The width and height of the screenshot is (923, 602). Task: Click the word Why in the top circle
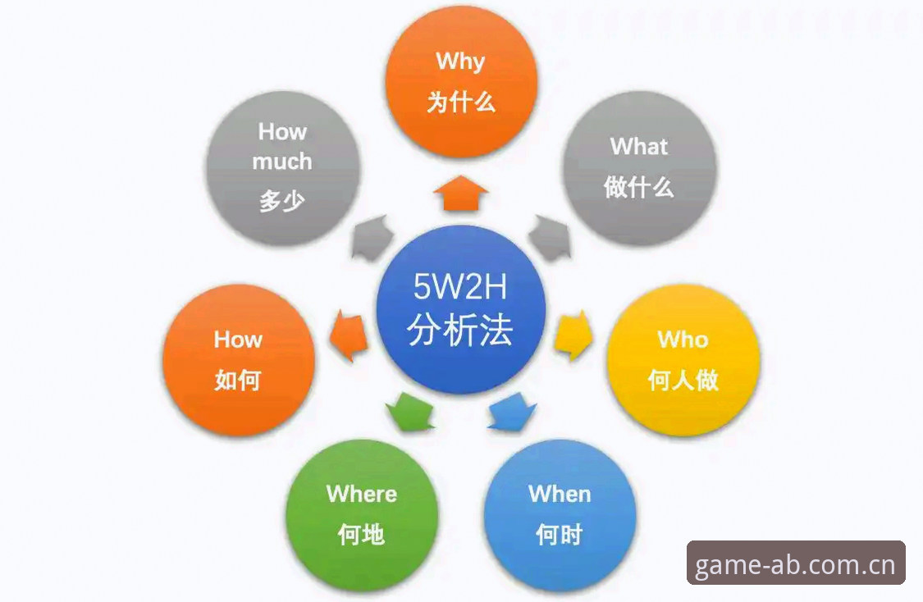[x=460, y=62]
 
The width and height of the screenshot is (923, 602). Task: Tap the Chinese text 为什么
[x=461, y=103]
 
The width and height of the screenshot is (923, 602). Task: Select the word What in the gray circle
[x=638, y=147]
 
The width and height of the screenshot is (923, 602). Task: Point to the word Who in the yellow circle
[x=683, y=340]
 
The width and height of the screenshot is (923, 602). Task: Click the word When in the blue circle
[x=560, y=495]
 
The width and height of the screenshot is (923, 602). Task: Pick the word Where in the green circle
[x=362, y=495]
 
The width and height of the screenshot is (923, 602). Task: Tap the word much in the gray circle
[x=282, y=162]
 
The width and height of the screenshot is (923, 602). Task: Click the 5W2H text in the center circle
[x=459, y=286]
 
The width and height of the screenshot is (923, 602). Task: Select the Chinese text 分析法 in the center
[x=459, y=330]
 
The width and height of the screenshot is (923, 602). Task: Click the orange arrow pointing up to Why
[x=461, y=193]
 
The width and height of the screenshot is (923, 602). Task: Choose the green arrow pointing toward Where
[x=409, y=411]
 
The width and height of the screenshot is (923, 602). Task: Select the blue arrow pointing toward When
[x=511, y=411]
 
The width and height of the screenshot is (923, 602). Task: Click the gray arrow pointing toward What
[x=551, y=238]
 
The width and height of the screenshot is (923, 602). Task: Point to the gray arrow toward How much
[x=372, y=238]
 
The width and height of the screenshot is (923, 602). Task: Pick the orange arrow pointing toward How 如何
[x=349, y=335]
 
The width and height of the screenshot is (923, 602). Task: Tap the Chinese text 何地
[x=362, y=534]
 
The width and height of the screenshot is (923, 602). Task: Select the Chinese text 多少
[x=282, y=201]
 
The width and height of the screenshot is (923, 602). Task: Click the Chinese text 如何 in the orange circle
[x=238, y=381]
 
